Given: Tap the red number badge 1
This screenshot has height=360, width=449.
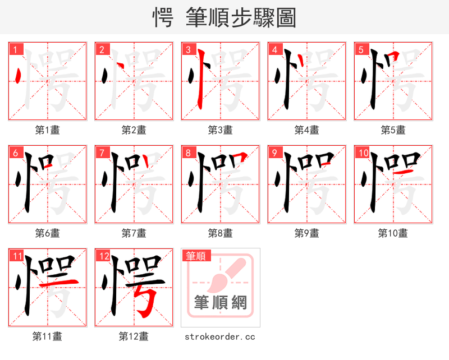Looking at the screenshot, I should [15, 50].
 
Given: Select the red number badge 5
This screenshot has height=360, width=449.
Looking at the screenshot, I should [361, 50].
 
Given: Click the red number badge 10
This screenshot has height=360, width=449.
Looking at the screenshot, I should [363, 153].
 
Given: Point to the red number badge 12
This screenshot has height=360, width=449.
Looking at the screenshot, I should [103, 256].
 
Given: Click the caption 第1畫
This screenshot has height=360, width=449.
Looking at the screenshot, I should [48, 130].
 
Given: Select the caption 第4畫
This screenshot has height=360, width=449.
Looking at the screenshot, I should [307, 130].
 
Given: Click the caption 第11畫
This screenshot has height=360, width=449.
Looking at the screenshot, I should [48, 336].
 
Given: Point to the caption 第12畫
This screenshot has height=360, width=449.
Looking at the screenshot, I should [134, 336].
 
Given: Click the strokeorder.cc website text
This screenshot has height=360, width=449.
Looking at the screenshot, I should [220, 336].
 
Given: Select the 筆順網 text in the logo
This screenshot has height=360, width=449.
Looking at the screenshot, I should [221, 303].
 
